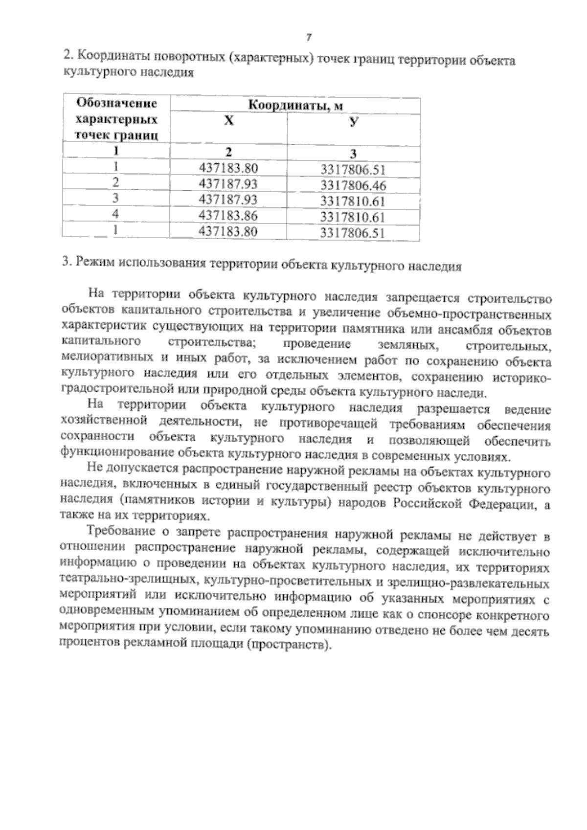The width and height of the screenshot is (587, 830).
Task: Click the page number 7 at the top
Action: click(309, 38)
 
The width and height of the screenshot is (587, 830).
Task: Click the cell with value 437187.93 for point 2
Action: click(228, 183)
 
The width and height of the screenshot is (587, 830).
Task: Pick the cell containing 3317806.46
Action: click(353, 185)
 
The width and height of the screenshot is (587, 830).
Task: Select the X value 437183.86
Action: click(228, 215)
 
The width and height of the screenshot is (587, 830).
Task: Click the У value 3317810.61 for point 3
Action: click(353, 202)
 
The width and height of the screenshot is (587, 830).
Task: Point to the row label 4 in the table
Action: click(116, 214)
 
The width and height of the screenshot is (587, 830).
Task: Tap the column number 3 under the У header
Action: click(353, 154)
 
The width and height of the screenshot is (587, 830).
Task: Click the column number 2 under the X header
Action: click(228, 151)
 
